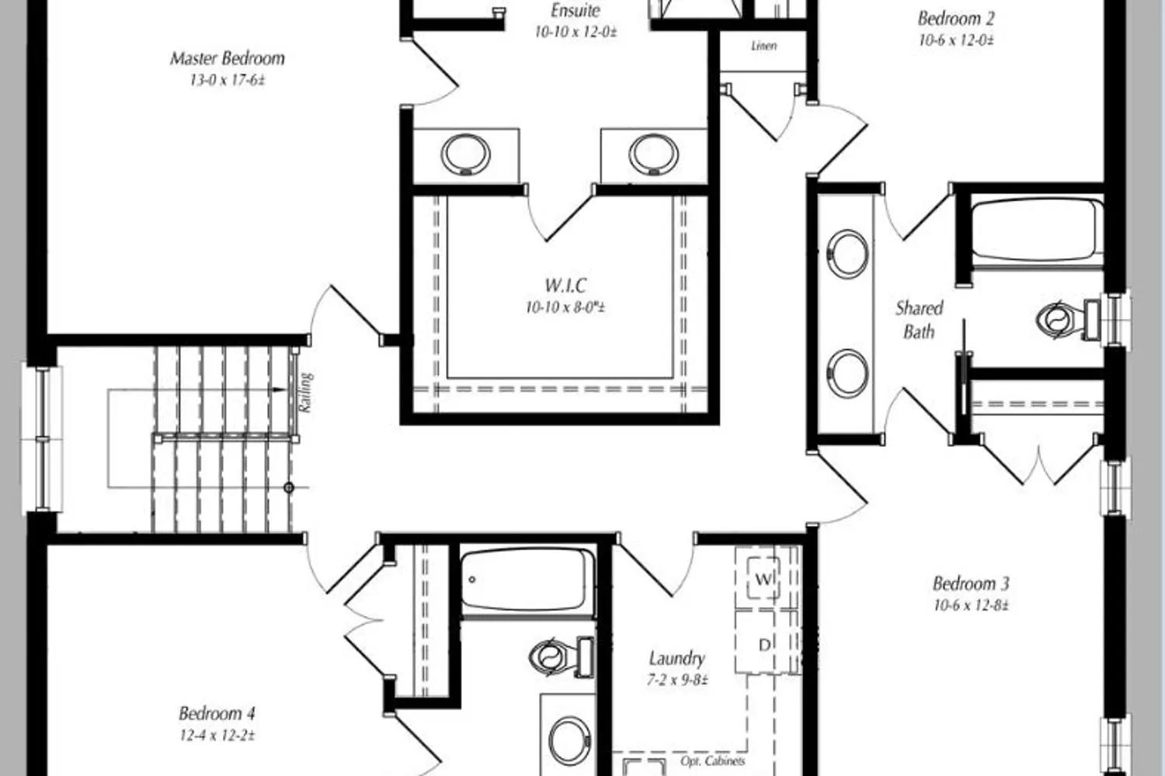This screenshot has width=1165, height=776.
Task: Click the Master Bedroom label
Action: coord(228,58)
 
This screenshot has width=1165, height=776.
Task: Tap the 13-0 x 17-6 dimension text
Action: coord(228,81)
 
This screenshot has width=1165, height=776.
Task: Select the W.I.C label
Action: coord(565,286)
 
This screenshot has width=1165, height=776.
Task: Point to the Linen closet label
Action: coord(764,46)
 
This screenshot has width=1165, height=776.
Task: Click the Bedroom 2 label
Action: coord(956,19)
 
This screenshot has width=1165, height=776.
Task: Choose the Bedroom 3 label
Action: coord(971,584)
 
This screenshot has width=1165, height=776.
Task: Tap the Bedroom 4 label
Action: coord(217,714)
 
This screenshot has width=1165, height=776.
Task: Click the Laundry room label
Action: coord(676,659)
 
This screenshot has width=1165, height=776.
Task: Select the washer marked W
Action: coord(763,578)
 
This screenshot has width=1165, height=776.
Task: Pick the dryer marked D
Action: coord(764,645)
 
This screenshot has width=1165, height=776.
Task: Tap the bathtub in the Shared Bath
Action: coord(1037,230)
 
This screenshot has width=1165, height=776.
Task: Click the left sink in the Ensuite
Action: coord(465,154)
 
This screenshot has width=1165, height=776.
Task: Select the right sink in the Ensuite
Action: coord(653,154)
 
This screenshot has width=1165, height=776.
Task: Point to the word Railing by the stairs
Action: coord(305,393)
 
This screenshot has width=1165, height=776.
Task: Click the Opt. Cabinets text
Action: coord(712,761)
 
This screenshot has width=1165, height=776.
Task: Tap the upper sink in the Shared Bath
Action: coord(847,254)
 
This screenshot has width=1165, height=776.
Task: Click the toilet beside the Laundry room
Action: coord(562,657)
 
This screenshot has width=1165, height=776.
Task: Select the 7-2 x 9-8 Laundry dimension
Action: coord(677,681)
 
